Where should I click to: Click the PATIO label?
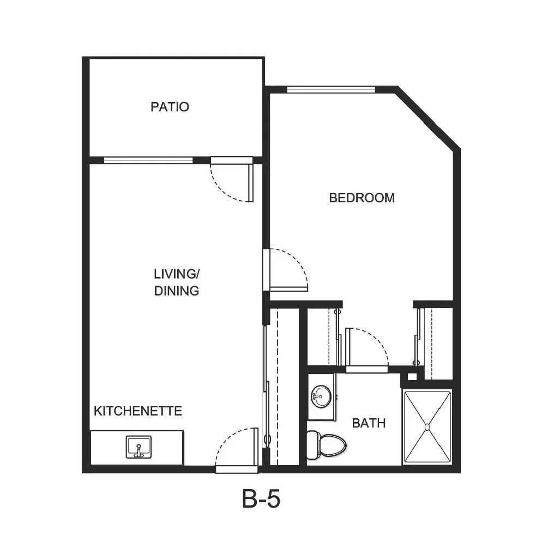tap(170, 107)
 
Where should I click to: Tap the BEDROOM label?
tap(362, 198)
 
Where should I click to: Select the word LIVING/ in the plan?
tap(177, 274)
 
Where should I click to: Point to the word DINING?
tap(177, 291)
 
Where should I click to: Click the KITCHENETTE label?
tap(138, 411)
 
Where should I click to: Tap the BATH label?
tap(369, 423)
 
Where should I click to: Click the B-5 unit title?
tap(261, 499)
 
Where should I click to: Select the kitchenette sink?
tap(139, 447)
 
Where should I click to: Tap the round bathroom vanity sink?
tap(321, 396)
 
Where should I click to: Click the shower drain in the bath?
tap(427, 427)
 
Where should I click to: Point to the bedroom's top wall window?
tap(332, 89)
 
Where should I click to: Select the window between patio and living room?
tap(148, 160)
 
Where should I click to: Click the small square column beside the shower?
tap(412, 376)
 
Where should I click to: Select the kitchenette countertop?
tap(137, 448)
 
